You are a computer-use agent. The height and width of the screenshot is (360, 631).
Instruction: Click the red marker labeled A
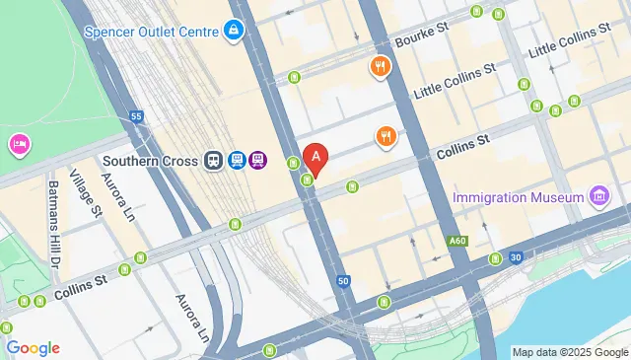tap(315, 156)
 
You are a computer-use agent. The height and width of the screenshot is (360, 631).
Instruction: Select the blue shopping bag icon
tap(234, 32)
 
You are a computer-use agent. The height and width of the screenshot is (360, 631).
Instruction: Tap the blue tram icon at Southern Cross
tap(237, 161)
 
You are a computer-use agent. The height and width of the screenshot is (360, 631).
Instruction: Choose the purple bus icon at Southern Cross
tap(258, 161)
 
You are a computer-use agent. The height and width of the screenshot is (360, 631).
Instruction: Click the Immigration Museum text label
tap(519, 198)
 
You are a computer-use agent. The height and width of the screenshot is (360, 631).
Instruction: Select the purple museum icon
tap(597, 198)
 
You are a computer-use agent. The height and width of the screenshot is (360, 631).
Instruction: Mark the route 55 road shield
tap(136, 116)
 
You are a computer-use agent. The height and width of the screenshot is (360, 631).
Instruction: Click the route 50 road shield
tap(343, 281)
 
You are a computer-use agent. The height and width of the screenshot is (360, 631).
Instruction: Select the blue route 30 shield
tap(516, 257)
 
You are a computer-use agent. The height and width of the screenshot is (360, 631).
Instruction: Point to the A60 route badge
tap(456, 241)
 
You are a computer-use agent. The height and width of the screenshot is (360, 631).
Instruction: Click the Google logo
tap(34, 348)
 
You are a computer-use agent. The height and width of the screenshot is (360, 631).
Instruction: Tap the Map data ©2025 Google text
tap(570, 352)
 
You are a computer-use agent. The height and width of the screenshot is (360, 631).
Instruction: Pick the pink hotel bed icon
tap(19, 146)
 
